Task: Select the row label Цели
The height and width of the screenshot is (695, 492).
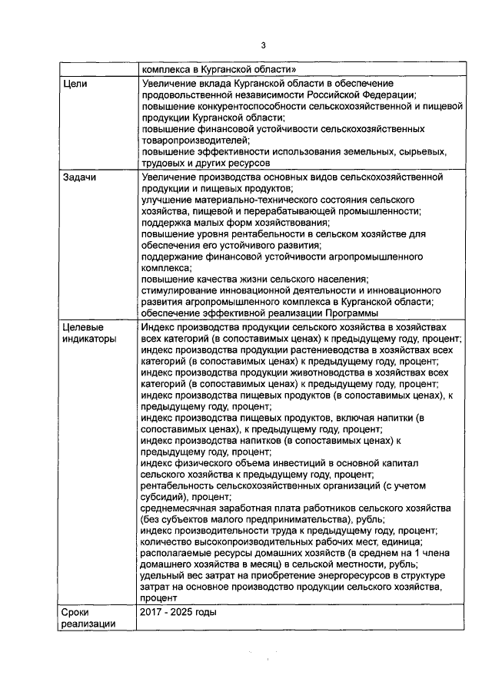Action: (75, 83)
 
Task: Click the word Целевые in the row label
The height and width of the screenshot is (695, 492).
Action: (85, 328)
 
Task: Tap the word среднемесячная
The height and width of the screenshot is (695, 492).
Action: (181, 508)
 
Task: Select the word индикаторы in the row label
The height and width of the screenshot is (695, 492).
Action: (89, 339)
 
